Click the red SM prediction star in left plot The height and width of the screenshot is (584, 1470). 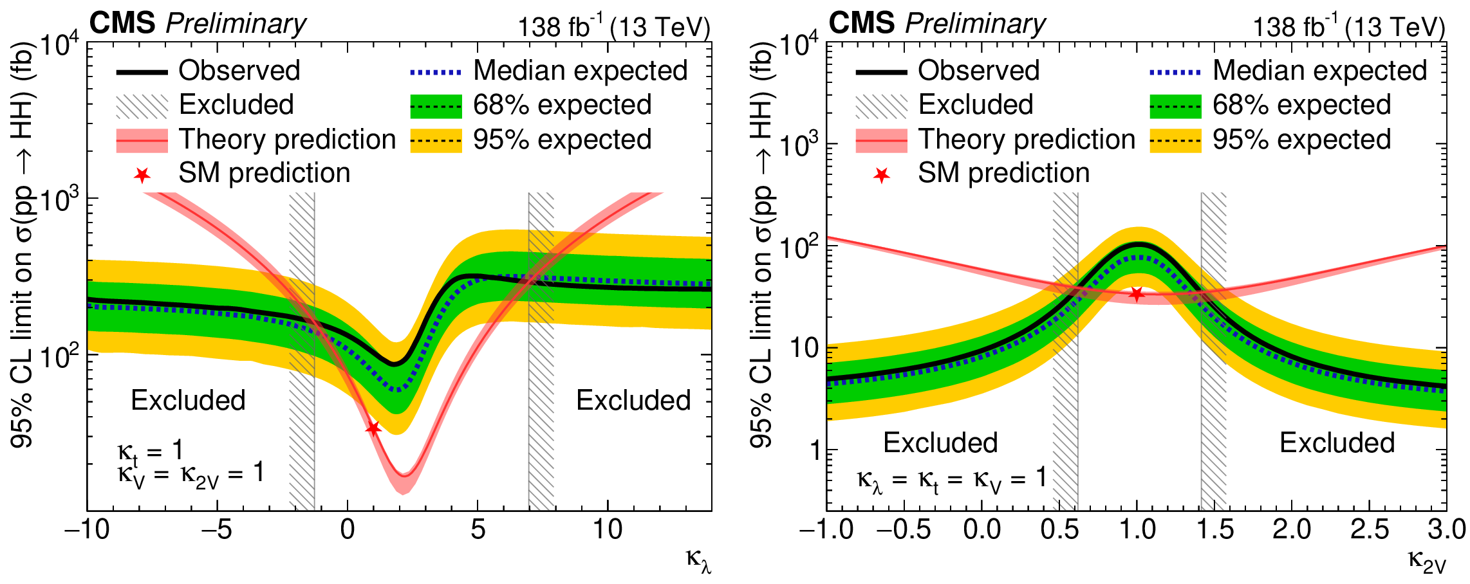click(x=373, y=428)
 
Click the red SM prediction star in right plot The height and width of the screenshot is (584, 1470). click(x=1137, y=295)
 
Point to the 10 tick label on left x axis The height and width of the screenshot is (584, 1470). click(x=607, y=530)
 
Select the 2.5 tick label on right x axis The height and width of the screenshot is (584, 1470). click(x=1369, y=530)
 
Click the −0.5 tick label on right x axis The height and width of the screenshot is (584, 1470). click(x=904, y=530)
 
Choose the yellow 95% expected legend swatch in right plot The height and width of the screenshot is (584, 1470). click(x=1175, y=140)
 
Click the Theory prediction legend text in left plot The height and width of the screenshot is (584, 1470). click(x=287, y=140)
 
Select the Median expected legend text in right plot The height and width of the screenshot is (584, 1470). click(x=1319, y=71)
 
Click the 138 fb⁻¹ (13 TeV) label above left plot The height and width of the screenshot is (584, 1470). click(x=614, y=27)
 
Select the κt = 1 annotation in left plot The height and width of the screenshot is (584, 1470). click(x=151, y=452)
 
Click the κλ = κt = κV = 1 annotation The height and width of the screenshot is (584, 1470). click(x=951, y=480)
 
